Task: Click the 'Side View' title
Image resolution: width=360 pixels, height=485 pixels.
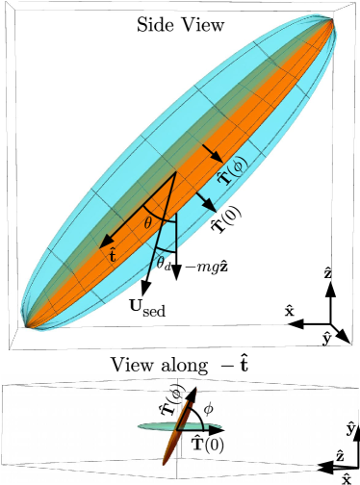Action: pyautogui.click(x=180, y=24)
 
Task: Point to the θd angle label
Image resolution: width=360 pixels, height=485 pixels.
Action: pyautogui.click(x=165, y=261)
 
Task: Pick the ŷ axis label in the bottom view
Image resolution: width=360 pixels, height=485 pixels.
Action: pyautogui.click(x=350, y=426)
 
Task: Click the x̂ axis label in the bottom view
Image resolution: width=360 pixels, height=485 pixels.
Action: pyautogui.click(x=346, y=477)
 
